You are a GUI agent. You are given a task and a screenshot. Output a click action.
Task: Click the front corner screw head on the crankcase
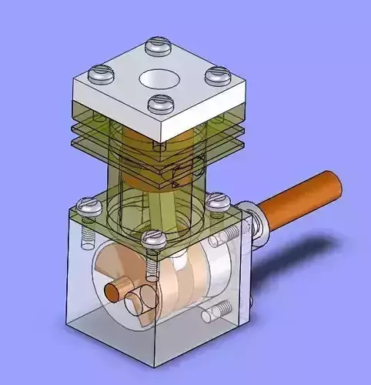tap(154, 239)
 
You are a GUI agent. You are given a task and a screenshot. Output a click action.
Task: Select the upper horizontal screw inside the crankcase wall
tap(229, 236)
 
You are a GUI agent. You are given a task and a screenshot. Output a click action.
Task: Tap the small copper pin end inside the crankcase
tap(115, 291)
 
